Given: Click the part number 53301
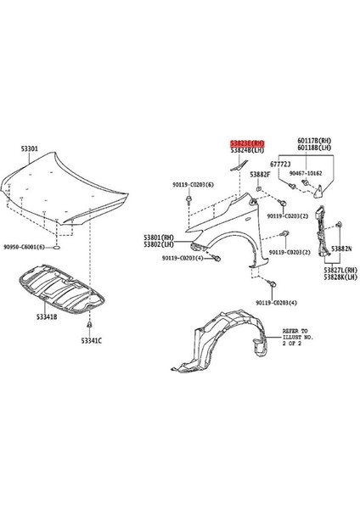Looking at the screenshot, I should click(30, 148).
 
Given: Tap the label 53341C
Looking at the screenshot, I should click(91, 340).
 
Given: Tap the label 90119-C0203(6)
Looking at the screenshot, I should click(197, 183).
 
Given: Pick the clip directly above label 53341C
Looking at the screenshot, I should click(91, 326).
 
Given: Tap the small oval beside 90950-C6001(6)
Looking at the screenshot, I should click(56, 249).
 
